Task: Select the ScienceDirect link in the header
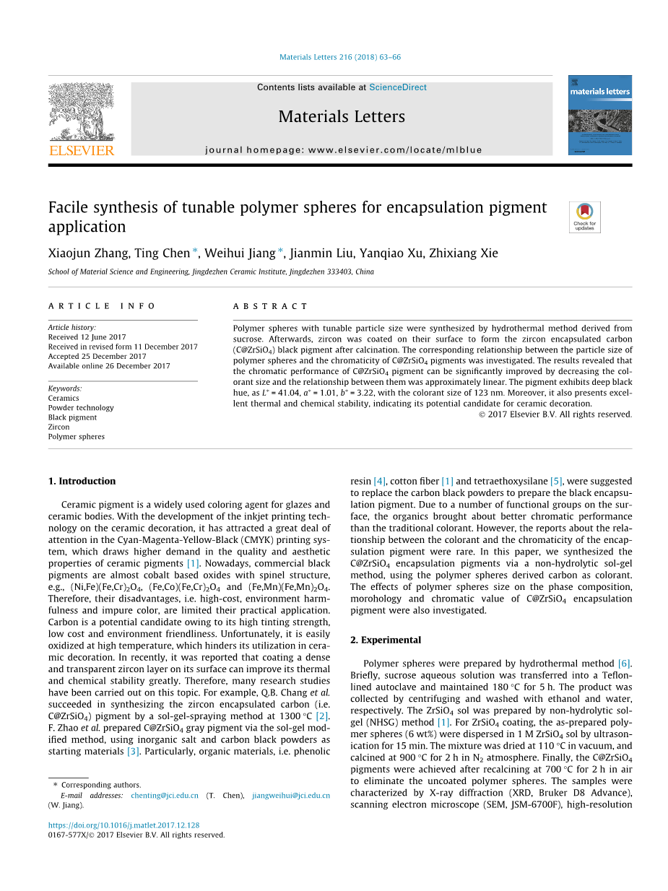click(x=397, y=87)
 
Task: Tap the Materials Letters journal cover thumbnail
click(x=599, y=115)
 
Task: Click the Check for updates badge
click(x=584, y=217)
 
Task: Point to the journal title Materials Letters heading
click(x=342, y=117)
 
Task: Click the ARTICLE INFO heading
click(x=102, y=306)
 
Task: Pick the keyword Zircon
click(x=59, y=427)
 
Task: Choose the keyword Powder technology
click(x=81, y=408)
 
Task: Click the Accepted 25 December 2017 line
click(x=97, y=356)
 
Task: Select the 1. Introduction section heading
click(x=82, y=481)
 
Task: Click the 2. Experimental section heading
click(x=386, y=640)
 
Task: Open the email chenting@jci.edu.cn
click(x=165, y=795)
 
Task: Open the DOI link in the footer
click(x=123, y=825)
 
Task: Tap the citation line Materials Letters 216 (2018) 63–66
click(x=339, y=57)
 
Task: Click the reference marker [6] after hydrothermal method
click(x=624, y=664)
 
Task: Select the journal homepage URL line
click(x=343, y=150)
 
